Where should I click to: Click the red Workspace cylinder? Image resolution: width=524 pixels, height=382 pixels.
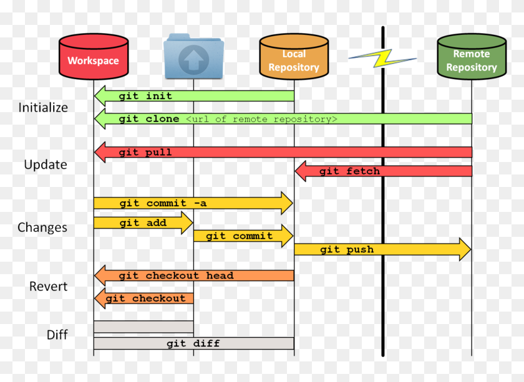(x=93, y=57)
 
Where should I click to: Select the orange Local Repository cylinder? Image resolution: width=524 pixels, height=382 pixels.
(x=293, y=57)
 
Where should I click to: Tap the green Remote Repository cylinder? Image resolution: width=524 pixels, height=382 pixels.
(x=472, y=57)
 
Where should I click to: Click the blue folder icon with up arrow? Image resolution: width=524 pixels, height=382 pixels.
(x=193, y=57)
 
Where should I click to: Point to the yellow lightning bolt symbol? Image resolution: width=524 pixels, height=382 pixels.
(x=381, y=59)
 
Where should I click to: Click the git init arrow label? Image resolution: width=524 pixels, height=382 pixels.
(x=145, y=96)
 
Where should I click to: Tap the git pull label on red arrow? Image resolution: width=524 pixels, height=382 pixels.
(x=145, y=152)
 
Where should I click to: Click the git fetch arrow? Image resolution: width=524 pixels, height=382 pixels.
(x=349, y=171)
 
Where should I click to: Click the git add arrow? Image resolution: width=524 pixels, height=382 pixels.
(x=143, y=222)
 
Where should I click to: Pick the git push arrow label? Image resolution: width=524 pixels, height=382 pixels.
(x=347, y=249)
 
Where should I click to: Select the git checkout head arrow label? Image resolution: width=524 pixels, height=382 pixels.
(x=176, y=275)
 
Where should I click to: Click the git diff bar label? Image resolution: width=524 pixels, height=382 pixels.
(x=193, y=343)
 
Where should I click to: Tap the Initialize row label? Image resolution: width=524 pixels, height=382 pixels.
(x=43, y=107)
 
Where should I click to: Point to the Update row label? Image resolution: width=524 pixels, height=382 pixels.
(x=45, y=165)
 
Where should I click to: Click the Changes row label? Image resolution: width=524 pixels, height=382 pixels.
(x=42, y=227)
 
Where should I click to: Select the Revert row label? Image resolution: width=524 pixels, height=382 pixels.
(x=48, y=287)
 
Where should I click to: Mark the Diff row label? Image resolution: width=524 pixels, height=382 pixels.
(x=57, y=335)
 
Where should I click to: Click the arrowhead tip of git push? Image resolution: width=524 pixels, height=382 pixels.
(x=469, y=249)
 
